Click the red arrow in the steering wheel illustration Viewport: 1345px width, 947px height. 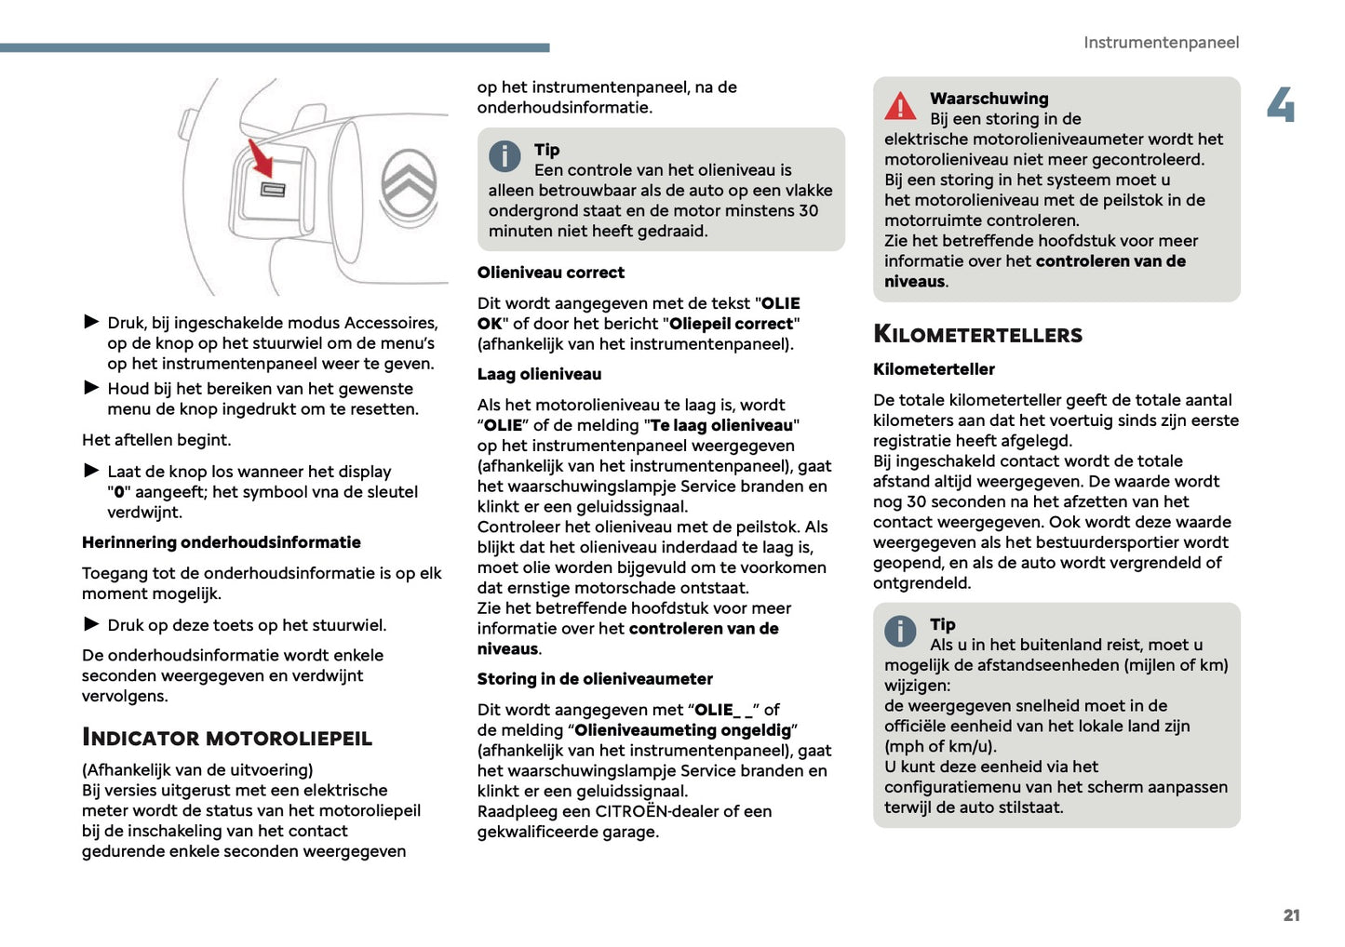(x=262, y=159)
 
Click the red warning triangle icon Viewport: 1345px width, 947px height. (x=900, y=107)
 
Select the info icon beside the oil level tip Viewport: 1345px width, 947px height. (x=504, y=156)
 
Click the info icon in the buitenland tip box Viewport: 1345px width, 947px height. (x=899, y=632)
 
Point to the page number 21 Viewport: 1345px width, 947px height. (x=1291, y=915)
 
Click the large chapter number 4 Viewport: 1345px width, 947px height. (x=1281, y=105)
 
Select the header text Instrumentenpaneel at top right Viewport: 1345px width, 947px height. (x=1161, y=43)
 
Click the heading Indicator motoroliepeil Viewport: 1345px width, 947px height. (x=227, y=738)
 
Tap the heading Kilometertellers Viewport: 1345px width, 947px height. (x=977, y=335)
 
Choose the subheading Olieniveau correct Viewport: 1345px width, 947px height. (x=551, y=273)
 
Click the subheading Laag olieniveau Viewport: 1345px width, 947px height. (x=539, y=374)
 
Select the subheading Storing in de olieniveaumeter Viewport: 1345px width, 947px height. (x=595, y=679)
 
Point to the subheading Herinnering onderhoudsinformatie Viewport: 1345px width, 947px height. (x=222, y=542)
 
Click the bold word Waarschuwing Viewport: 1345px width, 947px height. (x=989, y=99)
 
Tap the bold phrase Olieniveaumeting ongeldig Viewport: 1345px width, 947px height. (x=682, y=730)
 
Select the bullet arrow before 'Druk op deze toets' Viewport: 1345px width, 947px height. (x=91, y=624)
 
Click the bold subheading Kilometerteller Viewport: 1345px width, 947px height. (x=934, y=369)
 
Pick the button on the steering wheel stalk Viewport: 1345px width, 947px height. (x=272, y=190)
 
